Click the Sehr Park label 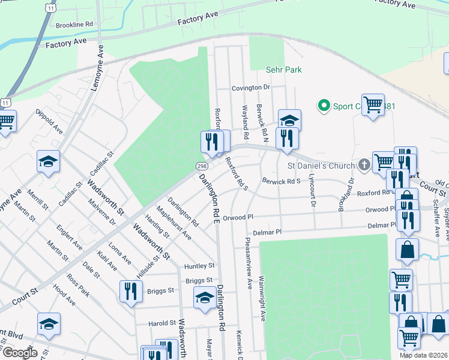283,70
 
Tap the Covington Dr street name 252,88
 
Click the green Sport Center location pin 324,106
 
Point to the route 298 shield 200,166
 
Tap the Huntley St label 199,265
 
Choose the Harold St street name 161,323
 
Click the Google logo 20,352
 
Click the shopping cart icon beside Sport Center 373,105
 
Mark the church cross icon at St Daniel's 364,164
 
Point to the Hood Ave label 64,296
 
